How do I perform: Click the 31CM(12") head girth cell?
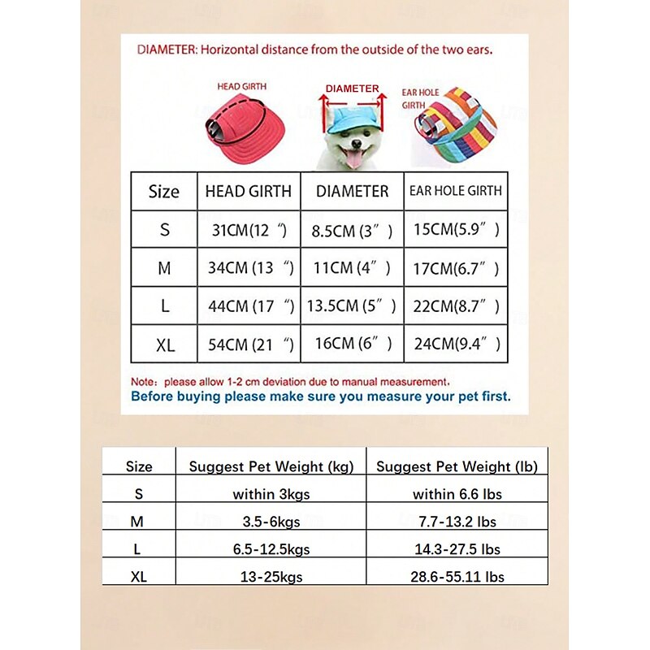pyautogui.click(x=249, y=231)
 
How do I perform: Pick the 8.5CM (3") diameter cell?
pyautogui.click(x=352, y=232)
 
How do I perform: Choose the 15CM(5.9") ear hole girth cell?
pyautogui.click(x=455, y=230)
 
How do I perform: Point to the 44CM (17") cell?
pyautogui.click(x=249, y=307)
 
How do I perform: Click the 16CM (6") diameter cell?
pyautogui.click(x=352, y=344)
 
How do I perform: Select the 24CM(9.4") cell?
pyautogui.click(x=455, y=344)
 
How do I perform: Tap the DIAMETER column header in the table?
pyautogui.click(x=352, y=192)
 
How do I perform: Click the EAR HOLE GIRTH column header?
pyautogui.click(x=455, y=192)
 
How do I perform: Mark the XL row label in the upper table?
pyautogui.click(x=165, y=345)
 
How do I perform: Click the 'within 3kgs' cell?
pyautogui.click(x=271, y=493)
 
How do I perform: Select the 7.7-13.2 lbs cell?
pyautogui.click(x=454, y=521)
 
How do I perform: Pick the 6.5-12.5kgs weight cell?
pyautogui.click(x=271, y=549)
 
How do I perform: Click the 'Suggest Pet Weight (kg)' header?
pyautogui.click(x=271, y=466)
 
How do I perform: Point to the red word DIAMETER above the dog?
pyautogui.click(x=352, y=89)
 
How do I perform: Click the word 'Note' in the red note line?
pyautogui.click(x=143, y=380)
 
